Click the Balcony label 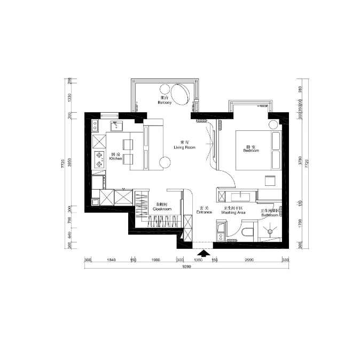165,100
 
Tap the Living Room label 184,145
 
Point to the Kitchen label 116,157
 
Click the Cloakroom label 161,208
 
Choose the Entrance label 204,210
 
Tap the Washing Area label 233,210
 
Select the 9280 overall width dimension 186,266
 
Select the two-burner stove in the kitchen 99,158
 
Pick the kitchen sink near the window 117,126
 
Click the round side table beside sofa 165,162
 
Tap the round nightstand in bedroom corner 273,125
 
